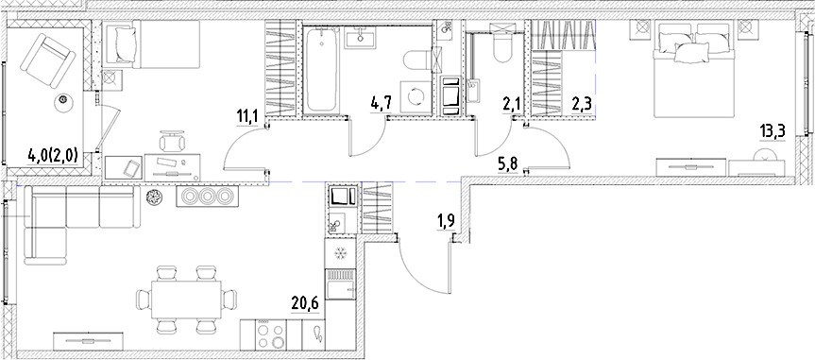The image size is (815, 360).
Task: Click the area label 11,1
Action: pyautogui.click(x=248, y=117)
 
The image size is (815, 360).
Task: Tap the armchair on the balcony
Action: pyautogui.click(x=47, y=60)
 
